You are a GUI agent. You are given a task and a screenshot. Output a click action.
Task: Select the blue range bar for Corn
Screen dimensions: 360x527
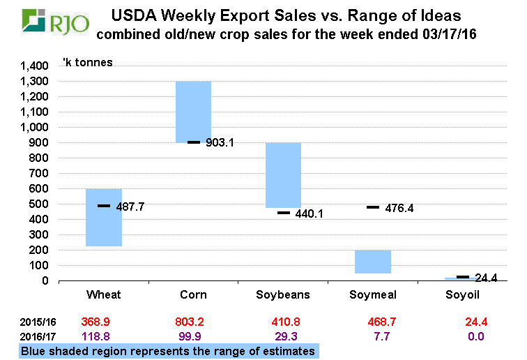pyautogui.click(x=193, y=112)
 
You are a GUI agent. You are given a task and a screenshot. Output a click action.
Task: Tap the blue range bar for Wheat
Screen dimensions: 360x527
pyautogui.click(x=104, y=217)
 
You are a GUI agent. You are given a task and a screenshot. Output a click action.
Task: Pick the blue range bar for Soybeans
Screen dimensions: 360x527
pyautogui.click(x=283, y=175)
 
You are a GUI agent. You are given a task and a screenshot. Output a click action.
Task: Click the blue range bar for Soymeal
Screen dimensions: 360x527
pyautogui.click(x=373, y=262)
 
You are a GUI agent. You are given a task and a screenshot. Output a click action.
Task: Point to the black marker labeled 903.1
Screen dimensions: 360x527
pyautogui.click(x=194, y=142)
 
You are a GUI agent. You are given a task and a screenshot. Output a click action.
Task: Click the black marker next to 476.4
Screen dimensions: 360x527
pyautogui.click(x=373, y=207)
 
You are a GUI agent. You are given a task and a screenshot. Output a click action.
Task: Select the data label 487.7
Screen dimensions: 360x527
pyautogui.click(x=131, y=207)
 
